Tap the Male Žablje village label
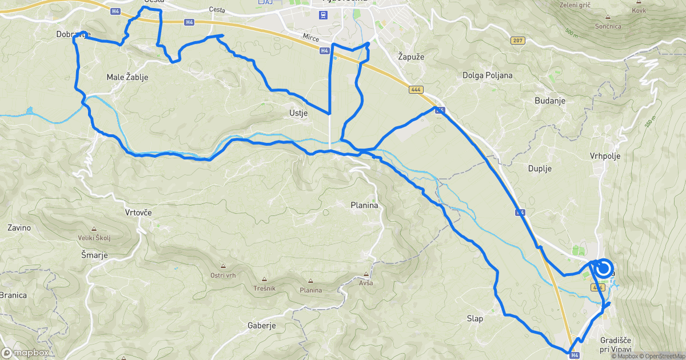[x=127, y=77]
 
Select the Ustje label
[x=298, y=113]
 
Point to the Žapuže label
[x=410, y=57]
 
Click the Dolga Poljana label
[x=487, y=75]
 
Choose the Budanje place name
[x=549, y=101]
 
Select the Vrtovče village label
[x=138, y=212]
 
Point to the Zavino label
[x=19, y=227]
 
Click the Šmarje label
[x=94, y=255]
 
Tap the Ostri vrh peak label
[x=223, y=275]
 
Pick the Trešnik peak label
[x=264, y=287]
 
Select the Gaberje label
[x=262, y=326]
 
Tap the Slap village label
[x=475, y=318]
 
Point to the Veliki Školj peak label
[x=94, y=238]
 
